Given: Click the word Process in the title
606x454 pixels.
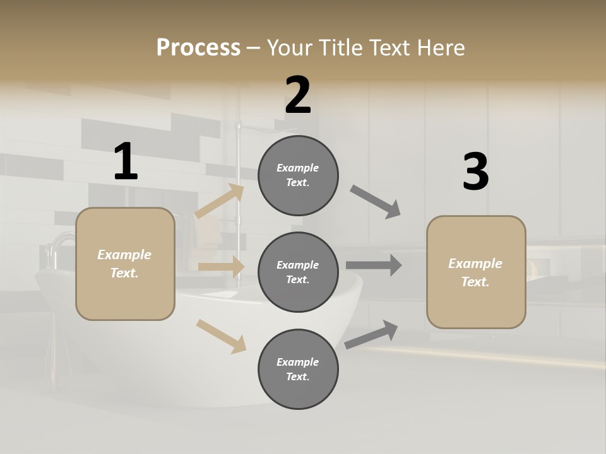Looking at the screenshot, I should [198, 48].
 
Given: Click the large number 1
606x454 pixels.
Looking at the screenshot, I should [126, 161].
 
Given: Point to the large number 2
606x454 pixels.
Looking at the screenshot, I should [298, 95].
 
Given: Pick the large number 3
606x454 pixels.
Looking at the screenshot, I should [475, 172].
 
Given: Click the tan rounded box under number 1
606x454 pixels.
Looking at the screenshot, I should [125, 264].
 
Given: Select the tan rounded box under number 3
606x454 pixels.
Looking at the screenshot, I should [476, 272].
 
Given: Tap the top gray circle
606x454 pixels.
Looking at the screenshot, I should [298, 175].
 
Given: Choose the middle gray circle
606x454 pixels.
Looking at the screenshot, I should [298, 272].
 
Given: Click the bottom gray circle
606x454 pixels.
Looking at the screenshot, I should [298, 369].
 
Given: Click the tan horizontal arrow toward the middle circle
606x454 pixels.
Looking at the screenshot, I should [221, 267].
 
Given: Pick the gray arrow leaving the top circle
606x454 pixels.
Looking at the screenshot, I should [376, 202].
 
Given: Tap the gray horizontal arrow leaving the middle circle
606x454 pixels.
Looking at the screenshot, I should [374, 265].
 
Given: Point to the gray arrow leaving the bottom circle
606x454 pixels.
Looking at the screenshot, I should [371, 334].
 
